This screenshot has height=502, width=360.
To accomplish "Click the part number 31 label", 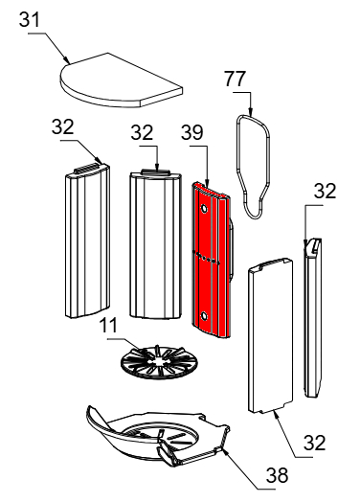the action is pyautogui.click(x=30, y=19).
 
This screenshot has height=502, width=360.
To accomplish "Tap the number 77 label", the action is pyautogui.click(x=236, y=79).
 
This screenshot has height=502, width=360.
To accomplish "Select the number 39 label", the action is pyautogui.click(x=192, y=132).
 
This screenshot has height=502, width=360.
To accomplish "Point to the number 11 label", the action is pyautogui.click(x=108, y=326).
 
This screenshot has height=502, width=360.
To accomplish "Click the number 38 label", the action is pyautogui.click(x=277, y=475).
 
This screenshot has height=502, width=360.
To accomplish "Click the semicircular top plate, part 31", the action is pyautogui.click(x=121, y=80).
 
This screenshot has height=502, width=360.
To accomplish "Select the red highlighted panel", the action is pyautogui.click(x=212, y=260).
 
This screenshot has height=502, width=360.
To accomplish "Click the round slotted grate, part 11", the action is pyautogui.click(x=159, y=362).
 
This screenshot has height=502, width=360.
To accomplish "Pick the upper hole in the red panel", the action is pyautogui.click(x=203, y=210).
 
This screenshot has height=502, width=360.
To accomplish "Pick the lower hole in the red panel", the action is pyautogui.click(x=203, y=317).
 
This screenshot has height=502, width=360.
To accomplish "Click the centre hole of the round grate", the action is pyautogui.click(x=159, y=361).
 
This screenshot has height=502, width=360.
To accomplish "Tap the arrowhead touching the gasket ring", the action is pyautogui.click(x=251, y=112).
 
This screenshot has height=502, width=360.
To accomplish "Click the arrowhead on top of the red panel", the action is pyautogui.click(x=208, y=185).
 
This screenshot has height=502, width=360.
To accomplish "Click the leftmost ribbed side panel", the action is pyautogui.click(x=87, y=240).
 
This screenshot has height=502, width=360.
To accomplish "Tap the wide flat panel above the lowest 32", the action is pyautogui.click(x=270, y=335).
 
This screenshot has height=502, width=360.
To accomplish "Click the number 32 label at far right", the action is pyautogui.click(x=325, y=192).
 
